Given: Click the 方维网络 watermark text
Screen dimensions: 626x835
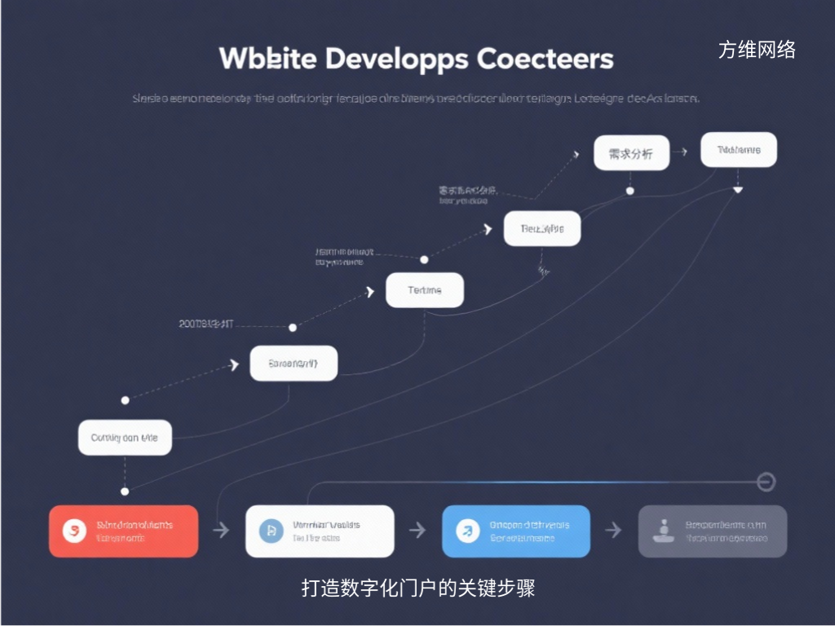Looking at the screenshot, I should [x=757, y=51].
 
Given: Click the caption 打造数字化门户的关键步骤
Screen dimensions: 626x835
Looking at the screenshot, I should [x=417, y=588].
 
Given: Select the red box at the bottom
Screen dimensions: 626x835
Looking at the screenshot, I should [x=123, y=531].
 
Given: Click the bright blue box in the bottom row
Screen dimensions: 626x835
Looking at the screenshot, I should [x=515, y=531].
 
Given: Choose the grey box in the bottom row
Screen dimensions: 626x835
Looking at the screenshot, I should [x=712, y=531].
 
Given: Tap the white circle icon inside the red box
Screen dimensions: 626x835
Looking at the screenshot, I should [x=74, y=531].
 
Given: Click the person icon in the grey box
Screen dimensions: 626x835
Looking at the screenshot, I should [x=662, y=531].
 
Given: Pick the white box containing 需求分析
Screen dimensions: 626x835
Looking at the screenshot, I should [x=631, y=153].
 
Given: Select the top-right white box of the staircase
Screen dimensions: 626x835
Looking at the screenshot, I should [x=739, y=151].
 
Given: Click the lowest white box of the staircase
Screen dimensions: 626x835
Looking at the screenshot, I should [x=125, y=438].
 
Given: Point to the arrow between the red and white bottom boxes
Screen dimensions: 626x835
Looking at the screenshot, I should [x=221, y=531].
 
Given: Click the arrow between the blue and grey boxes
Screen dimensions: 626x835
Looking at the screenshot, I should [x=613, y=531].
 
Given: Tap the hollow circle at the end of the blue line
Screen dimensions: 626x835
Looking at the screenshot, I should [x=766, y=482].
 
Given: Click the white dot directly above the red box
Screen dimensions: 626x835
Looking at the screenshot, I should [x=125, y=492].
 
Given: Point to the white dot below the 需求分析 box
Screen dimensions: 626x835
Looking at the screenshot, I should [x=630, y=191].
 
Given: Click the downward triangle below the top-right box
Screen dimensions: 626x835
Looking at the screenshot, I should [x=738, y=190].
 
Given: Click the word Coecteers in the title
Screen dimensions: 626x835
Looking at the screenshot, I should [x=546, y=59].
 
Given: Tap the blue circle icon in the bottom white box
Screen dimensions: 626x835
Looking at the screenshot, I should [x=270, y=531].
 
